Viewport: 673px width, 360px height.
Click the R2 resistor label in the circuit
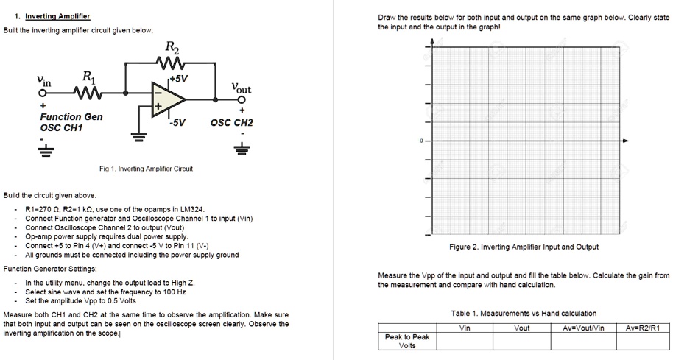[x=170, y=49]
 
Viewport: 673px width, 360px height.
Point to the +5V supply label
[x=179, y=78]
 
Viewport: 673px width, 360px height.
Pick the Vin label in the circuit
[x=44, y=80]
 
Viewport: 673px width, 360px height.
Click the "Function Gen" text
[x=71, y=117]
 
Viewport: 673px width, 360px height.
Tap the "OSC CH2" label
[x=231, y=123]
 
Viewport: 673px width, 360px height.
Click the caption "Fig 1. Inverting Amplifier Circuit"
[x=146, y=169]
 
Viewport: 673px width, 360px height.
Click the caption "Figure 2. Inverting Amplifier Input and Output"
[x=524, y=247]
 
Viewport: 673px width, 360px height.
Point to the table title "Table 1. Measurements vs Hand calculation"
[x=524, y=314]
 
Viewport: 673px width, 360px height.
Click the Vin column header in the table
[x=465, y=328]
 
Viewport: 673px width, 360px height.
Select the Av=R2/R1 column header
[x=643, y=328]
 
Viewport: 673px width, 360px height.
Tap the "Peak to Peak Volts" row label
[x=406, y=342]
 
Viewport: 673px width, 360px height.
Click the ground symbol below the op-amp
[x=135, y=135]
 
